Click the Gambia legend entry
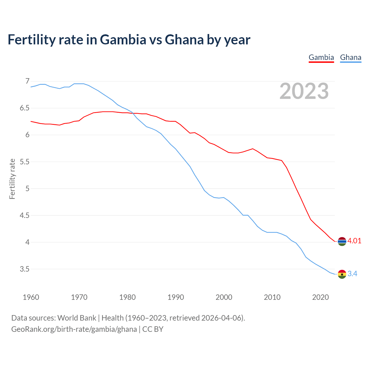321,58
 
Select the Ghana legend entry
351,58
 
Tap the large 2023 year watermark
304,91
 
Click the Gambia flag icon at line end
342,241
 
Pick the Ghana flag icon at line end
342,274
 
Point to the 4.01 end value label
354,241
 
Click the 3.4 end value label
352,274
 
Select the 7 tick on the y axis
27,81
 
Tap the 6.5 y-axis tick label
25,108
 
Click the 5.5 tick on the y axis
25,162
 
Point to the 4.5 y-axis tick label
25,215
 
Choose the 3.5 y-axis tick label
25,269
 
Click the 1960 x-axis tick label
31,297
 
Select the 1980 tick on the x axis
127,297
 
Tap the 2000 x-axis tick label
224,297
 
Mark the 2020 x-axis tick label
320,297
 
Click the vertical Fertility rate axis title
12,179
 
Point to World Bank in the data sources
77,318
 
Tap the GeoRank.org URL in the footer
74,329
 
